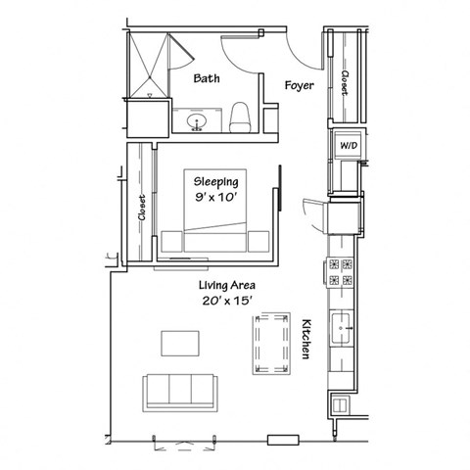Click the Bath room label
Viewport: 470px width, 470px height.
coord(206,78)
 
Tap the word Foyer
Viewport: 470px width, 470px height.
coord(299,85)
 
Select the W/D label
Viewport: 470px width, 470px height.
coord(348,145)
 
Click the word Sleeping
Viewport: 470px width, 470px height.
coord(215,181)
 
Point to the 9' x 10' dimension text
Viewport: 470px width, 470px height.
coord(215,197)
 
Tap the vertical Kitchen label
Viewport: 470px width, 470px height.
coord(306,339)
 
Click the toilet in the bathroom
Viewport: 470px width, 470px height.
coord(241,118)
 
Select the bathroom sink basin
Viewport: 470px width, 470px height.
coord(197,122)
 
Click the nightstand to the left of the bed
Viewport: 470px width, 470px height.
coord(171,240)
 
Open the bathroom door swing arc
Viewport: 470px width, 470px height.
coord(240,54)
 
